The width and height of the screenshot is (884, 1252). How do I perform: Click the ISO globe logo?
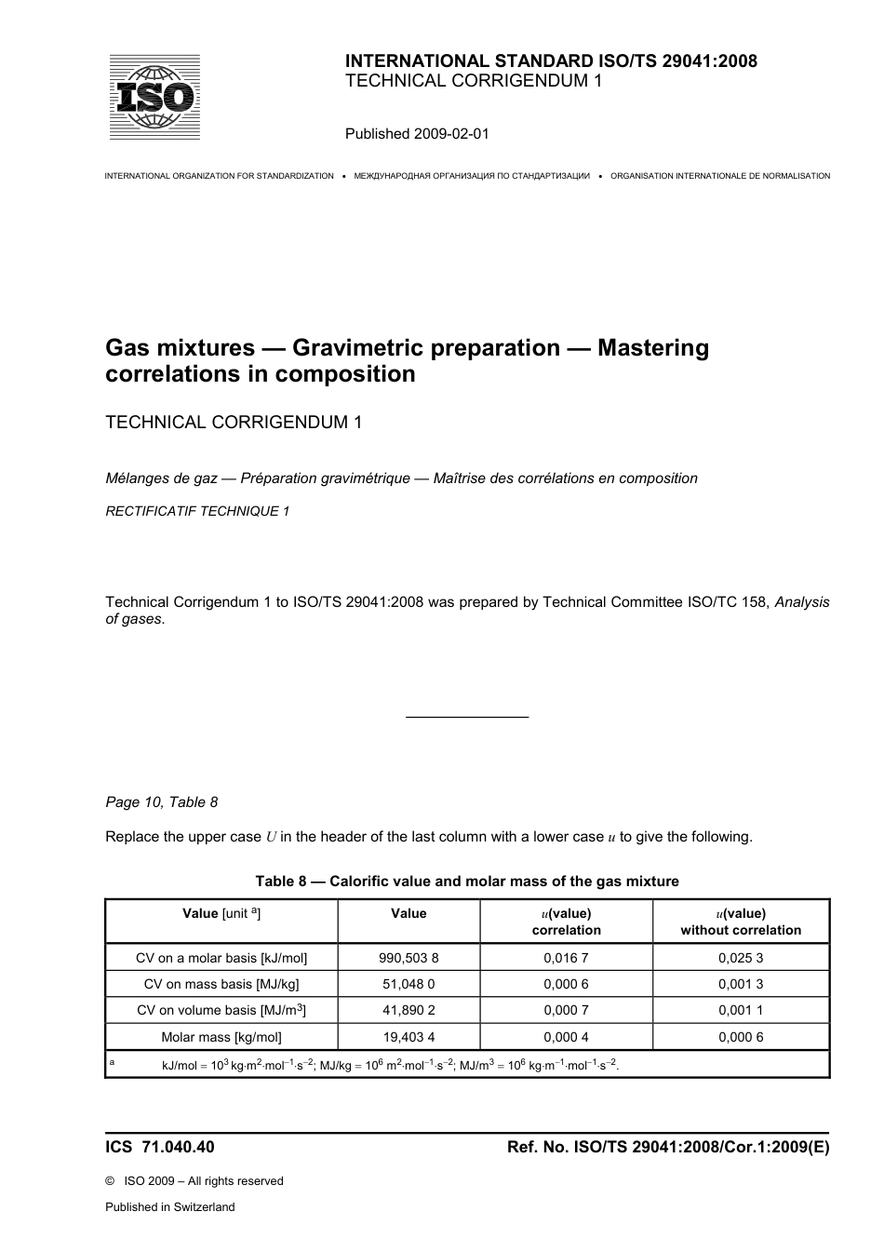pyautogui.click(x=154, y=98)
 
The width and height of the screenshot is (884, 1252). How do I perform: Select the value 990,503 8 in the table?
pyautogui.click(x=409, y=958)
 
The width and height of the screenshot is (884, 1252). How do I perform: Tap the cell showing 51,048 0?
pyautogui.click(x=409, y=984)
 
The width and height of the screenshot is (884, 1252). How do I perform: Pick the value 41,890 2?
pyautogui.click(x=409, y=1010)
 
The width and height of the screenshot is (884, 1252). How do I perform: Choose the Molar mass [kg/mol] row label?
pyautogui.click(x=221, y=1037)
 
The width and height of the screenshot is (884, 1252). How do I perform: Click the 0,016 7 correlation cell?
pyautogui.click(x=566, y=958)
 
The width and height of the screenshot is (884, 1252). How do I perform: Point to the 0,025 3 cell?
pyautogui.click(x=741, y=958)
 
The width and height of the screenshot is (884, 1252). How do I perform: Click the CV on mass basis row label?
pyautogui.click(x=221, y=984)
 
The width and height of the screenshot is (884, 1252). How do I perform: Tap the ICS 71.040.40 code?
pyautogui.click(x=160, y=1147)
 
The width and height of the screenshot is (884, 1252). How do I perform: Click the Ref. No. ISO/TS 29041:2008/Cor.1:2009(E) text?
pyautogui.click(x=667, y=1147)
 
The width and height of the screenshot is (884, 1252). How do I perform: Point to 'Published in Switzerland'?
pyautogui.click(x=170, y=1207)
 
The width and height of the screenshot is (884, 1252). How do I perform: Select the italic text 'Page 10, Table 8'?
pyautogui.click(x=162, y=802)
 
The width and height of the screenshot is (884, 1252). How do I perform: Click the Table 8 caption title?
pyautogui.click(x=467, y=882)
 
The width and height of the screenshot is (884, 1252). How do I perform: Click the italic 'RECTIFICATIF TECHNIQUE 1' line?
pyautogui.click(x=197, y=511)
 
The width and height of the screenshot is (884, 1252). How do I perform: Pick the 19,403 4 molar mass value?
pyautogui.click(x=409, y=1037)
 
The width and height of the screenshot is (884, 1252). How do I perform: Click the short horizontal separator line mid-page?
pyautogui.click(x=467, y=717)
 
